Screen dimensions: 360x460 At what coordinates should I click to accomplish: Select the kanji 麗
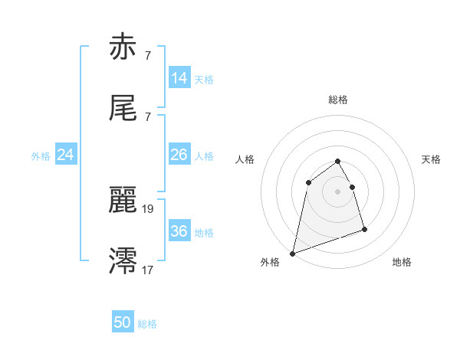pos(123,201)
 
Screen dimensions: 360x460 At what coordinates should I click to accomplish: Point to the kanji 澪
pos(123,261)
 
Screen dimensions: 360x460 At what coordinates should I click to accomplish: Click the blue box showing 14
pos(179,78)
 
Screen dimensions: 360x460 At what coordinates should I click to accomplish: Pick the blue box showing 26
pos(179,155)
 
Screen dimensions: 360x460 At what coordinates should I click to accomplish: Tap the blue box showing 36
pos(179,231)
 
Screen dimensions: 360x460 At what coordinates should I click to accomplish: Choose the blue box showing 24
pos(66,155)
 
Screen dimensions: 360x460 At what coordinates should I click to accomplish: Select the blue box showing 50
pos(123,322)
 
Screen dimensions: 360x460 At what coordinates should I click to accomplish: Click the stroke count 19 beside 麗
pos(149,208)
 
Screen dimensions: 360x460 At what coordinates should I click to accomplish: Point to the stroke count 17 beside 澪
pos(149,270)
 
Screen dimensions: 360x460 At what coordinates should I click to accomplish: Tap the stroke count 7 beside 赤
pos(147,55)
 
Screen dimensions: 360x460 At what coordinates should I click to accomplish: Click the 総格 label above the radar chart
pos(338,100)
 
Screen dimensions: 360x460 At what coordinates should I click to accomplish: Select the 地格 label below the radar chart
pos(402,262)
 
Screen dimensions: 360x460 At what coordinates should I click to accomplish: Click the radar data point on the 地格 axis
pos(364,229)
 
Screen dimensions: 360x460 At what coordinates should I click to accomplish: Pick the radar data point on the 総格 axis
pos(338,162)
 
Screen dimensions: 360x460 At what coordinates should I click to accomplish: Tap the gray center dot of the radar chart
pos(338,191)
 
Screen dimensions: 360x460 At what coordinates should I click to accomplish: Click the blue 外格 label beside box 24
pos(41,155)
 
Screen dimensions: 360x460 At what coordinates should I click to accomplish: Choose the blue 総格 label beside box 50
pos(148,323)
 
